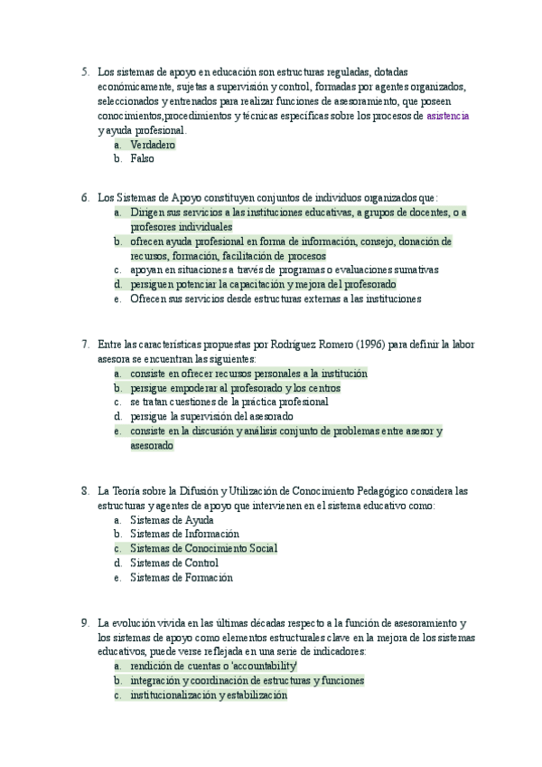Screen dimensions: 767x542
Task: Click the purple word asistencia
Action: click(x=447, y=117)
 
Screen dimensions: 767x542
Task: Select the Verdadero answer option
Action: click(x=153, y=145)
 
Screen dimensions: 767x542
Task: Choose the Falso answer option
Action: click(x=142, y=158)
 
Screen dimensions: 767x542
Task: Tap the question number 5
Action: click(x=84, y=71)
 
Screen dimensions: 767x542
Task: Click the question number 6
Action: click(x=84, y=196)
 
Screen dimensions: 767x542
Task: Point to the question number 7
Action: click(x=84, y=344)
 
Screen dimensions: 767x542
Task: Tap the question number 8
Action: click(x=84, y=491)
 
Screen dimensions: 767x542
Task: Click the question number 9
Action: click(x=84, y=623)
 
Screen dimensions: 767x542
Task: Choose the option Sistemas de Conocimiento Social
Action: click(x=203, y=548)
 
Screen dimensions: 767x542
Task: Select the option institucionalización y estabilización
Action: click(x=209, y=696)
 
